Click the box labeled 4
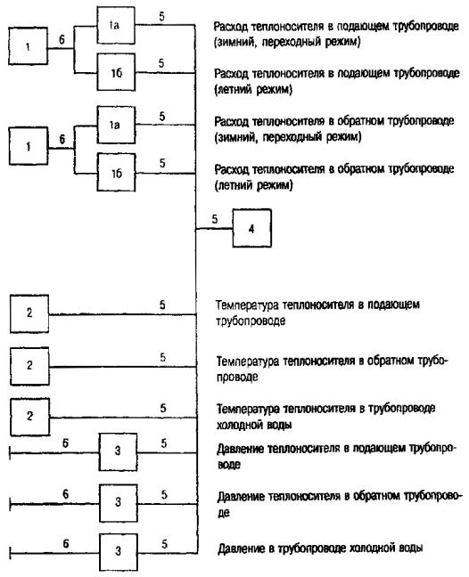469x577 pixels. click(x=252, y=228)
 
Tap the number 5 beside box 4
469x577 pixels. click(x=215, y=219)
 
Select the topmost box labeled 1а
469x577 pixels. click(x=116, y=26)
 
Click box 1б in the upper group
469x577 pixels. click(x=116, y=72)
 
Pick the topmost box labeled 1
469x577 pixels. click(x=28, y=46)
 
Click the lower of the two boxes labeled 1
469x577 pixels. click(x=29, y=146)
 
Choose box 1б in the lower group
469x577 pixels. click(x=117, y=173)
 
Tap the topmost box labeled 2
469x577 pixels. click(x=29, y=314)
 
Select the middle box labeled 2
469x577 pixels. click(x=29, y=366)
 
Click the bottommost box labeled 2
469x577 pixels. click(x=29, y=417)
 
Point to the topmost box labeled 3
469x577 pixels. click(x=118, y=451)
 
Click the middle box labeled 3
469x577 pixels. click(x=119, y=503)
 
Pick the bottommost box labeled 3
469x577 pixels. click(x=119, y=552)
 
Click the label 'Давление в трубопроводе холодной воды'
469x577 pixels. click(x=320, y=549)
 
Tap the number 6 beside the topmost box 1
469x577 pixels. click(x=62, y=39)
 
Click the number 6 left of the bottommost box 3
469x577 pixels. click(x=66, y=543)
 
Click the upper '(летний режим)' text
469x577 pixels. click(x=253, y=89)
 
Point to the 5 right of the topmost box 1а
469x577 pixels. click(x=161, y=17)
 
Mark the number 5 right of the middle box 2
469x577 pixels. click(x=163, y=357)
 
